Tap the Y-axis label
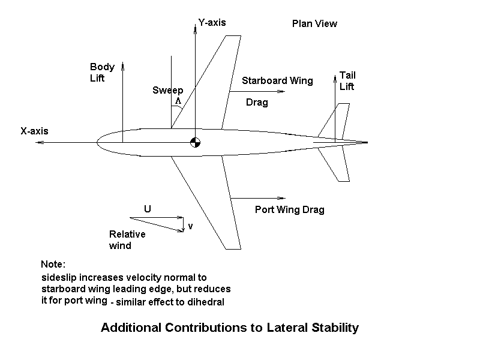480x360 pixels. pos(212,23)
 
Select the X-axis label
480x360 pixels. pos(34,131)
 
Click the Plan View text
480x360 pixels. pos(314,24)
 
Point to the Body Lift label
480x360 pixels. pos(101,73)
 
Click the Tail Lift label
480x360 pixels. pos(347,81)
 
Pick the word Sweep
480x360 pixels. pos(167,91)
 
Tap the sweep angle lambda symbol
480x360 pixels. pos(178,101)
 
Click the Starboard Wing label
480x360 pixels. pos(277,81)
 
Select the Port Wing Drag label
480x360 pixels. pos(289,210)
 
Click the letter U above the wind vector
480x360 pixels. pos(147,209)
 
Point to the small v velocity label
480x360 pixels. pos(190,226)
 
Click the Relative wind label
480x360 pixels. pos(127,240)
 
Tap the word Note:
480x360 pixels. pos(53,265)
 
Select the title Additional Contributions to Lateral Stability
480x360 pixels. pos(230,328)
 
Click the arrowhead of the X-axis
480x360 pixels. pos(37,143)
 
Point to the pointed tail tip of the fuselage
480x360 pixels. pos(366,143)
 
